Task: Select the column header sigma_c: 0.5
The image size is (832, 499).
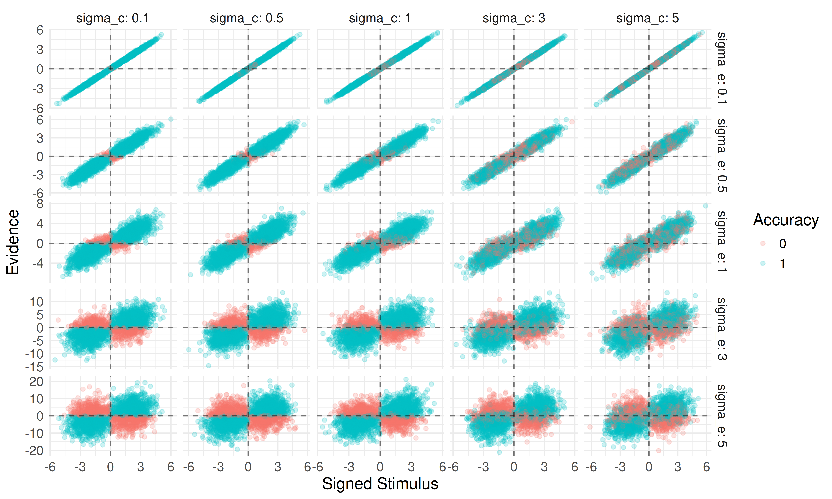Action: [247, 18]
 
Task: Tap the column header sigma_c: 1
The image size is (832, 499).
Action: [380, 18]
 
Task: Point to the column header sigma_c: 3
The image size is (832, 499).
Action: [513, 18]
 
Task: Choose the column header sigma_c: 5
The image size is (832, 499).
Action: [647, 18]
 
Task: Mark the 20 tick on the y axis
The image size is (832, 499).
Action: [36, 382]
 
